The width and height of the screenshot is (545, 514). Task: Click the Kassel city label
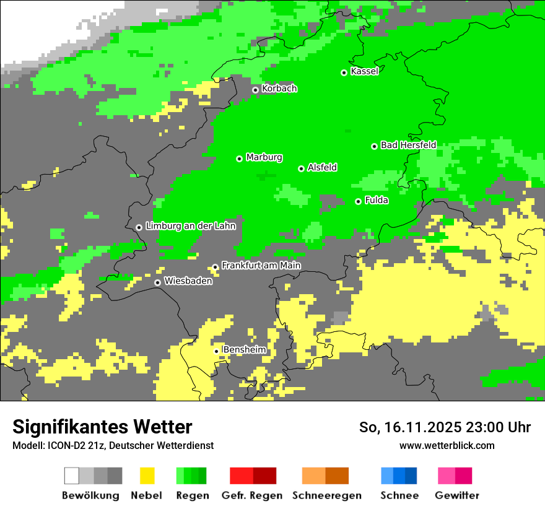364,71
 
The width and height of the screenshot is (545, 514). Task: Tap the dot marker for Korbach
255,90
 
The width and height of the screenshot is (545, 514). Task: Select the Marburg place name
264,157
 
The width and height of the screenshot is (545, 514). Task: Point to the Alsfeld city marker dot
302,168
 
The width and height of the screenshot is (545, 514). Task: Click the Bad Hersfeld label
408,145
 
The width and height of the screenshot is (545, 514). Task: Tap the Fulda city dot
358,201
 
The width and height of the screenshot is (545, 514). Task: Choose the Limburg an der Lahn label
190,226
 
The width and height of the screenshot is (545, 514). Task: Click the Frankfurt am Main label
261,266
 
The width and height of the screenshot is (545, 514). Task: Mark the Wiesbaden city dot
158,282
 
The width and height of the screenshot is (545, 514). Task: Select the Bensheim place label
244,350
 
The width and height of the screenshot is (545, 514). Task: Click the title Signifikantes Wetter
102,427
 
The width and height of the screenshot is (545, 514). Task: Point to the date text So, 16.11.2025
409,427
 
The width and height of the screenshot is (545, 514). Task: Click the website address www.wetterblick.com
447,445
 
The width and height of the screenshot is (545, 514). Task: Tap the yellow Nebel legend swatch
147,476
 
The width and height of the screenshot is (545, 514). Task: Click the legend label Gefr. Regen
251,495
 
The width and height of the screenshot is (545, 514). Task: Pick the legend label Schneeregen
327,495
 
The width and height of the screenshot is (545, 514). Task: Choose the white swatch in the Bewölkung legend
72,476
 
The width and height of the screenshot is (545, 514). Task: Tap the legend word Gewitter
456,495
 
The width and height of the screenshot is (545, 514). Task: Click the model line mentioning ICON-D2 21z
113,445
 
